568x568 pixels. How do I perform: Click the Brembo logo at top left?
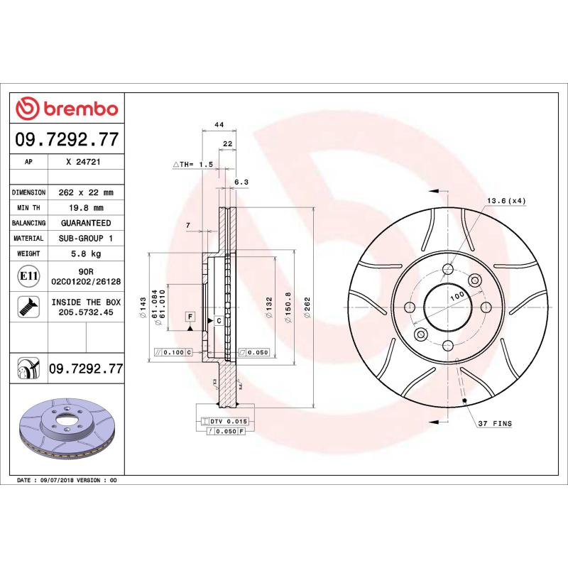coord(67,109)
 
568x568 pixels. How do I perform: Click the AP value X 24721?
coord(82,162)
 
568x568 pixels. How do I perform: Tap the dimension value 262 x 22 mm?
coord(82,192)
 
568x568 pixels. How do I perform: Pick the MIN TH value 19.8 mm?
coord(82,208)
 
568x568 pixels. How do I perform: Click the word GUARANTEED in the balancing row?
coord(82,223)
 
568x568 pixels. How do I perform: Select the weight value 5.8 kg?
coord(82,253)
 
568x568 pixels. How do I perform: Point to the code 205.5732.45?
coord(82,312)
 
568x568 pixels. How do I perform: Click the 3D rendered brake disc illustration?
coord(67,425)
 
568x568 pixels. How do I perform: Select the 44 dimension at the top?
coord(219,125)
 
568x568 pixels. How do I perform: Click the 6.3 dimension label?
coord(241,182)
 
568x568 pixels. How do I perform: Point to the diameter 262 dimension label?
coord(307,307)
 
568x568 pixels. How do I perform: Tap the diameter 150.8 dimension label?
coord(288,307)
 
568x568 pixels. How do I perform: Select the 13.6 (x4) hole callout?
coord(506,201)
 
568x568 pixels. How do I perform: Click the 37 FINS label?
coord(494,423)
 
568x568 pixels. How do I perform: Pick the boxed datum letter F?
coord(190,316)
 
